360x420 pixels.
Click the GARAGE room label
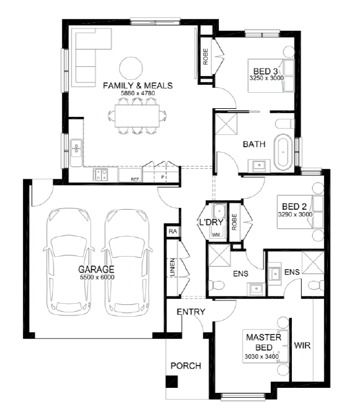click(x=96, y=269)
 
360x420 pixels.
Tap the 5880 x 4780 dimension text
click(x=138, y=93)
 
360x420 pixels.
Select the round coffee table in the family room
click(x=131, y=68)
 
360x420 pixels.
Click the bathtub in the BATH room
click(x=283, y=152)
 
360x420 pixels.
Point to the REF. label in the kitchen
click(x=135, y=179)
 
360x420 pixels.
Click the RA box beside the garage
click(x=173, y=231)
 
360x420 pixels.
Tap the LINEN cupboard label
click(x=173, y=267)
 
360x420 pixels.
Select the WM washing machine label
click(x=216, y=234)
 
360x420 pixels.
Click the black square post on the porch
click(x=171, y=382)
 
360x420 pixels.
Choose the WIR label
click(x=302, y=345)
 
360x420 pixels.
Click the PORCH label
click(x=186, y=366)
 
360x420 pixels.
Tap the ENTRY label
click(x=191, y=312)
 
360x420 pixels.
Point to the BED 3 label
click(x=265, y=71)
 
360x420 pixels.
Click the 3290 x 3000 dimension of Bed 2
click(x=295, y=214)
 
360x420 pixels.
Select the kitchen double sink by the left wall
click(x=76, y=148)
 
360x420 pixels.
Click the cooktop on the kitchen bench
click(x=100, y=174)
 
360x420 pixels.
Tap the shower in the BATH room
click(x=226, y=124)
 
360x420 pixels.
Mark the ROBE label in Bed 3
click(x=205, y=56)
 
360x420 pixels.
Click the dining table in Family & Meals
click(x=137, y=116)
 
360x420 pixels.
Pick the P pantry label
click(x=162, y=177)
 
